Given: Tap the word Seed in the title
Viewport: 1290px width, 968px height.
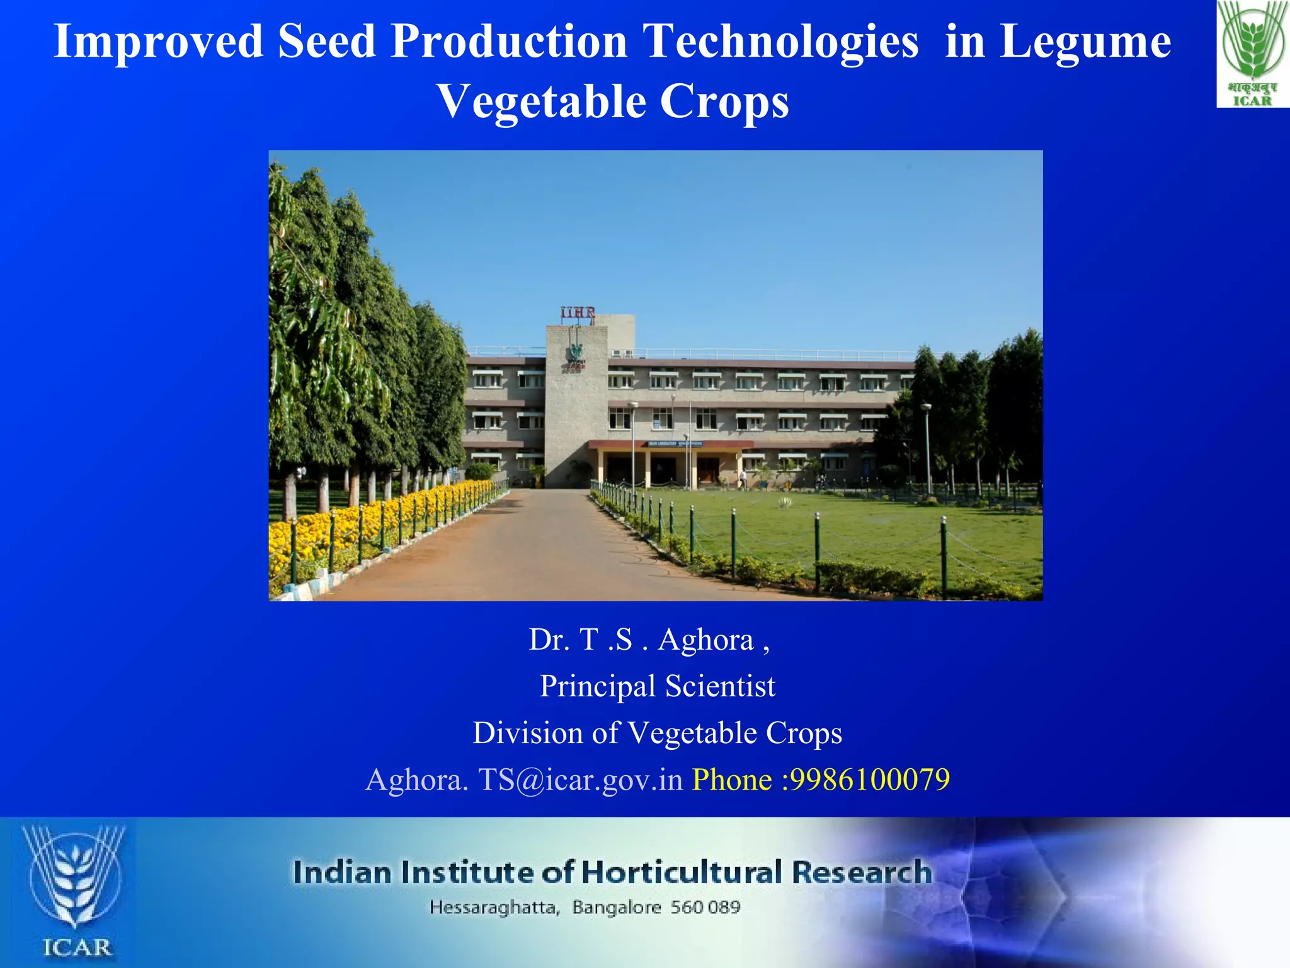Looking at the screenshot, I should click(x=326, y=42).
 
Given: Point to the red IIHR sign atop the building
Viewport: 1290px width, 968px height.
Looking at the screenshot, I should click(x=578, y=313).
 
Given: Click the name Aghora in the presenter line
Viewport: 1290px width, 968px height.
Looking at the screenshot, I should click(x=705, y=640).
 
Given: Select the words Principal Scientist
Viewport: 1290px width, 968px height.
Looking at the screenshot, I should click(x=657, y=686).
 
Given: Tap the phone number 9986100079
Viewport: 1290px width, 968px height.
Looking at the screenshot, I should click(x=870, y=780).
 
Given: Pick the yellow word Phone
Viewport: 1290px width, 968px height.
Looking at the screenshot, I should click(x=732, y=780).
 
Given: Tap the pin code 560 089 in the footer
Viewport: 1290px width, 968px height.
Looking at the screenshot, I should click(x=705, y=907).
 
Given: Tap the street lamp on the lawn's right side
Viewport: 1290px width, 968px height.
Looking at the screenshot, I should click(x=927, y=447).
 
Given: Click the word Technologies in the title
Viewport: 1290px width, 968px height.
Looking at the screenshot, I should click(x=781, y=42).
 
